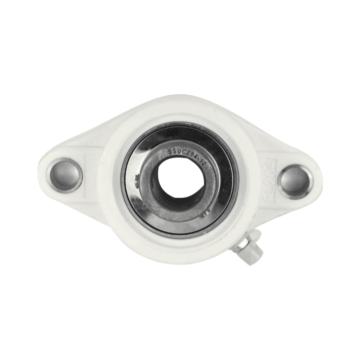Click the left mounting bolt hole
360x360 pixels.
point(65,174)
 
